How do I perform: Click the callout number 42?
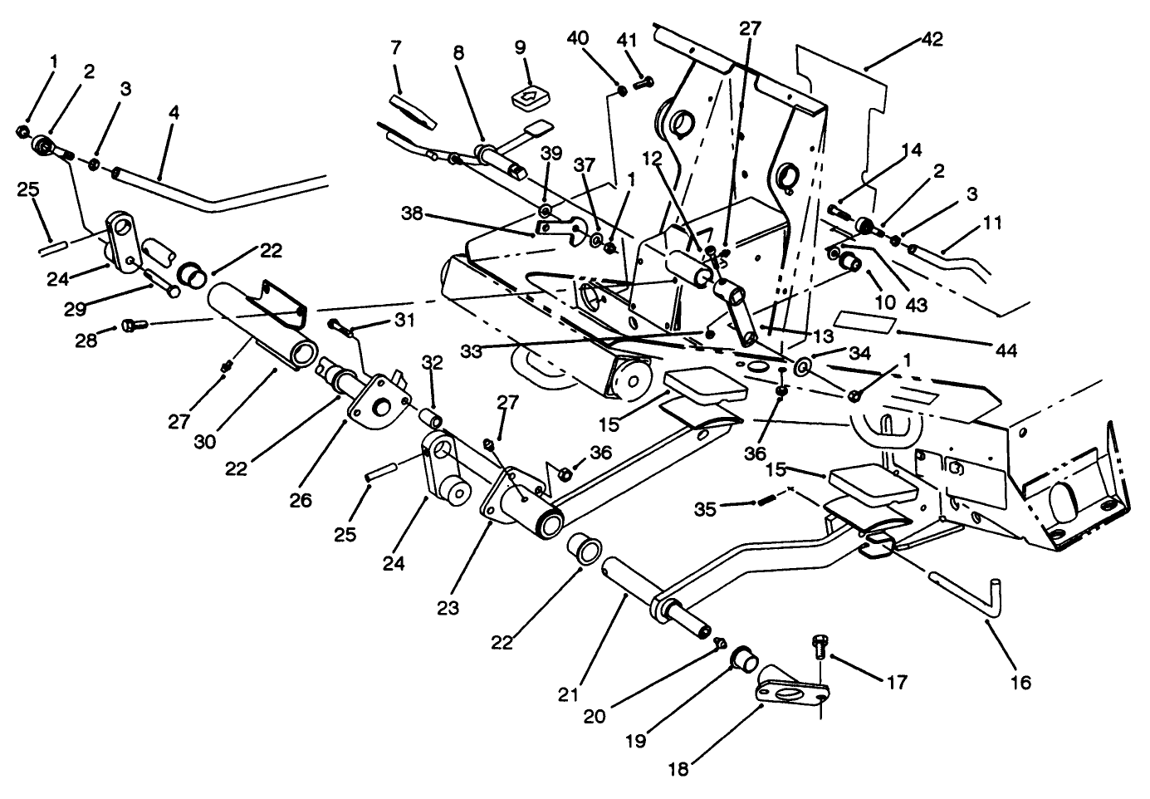coord(932,39)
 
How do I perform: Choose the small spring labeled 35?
coord(769,500)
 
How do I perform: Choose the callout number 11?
coord(992,223)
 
